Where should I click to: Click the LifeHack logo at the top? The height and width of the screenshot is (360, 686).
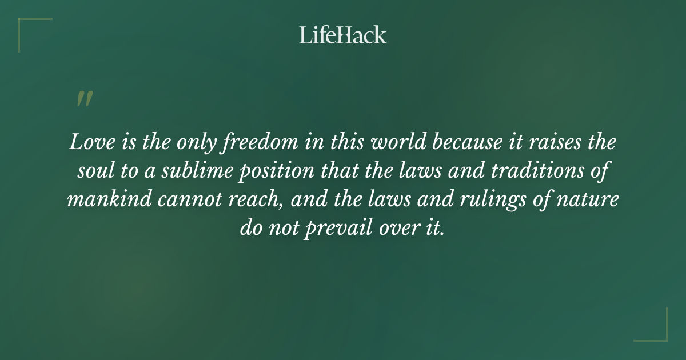[343, 35]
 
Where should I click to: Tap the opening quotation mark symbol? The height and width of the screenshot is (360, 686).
[83, 99]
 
